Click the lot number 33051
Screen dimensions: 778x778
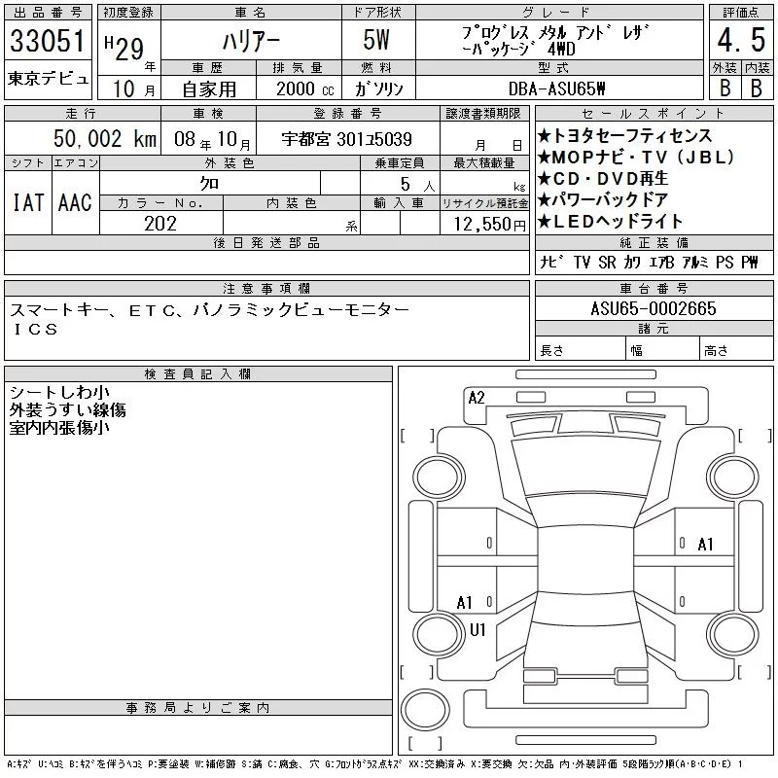click(x=47, y=41)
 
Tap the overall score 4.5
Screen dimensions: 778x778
click(x=741, y=40)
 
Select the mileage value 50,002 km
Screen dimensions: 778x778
click(x=105, y=138)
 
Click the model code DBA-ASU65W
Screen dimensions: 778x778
click(x=556, y=88)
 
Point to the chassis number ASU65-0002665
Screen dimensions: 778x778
click(x=654, y=308)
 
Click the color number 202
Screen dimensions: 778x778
click(x=160, y=224)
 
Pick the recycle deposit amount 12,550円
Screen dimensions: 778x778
click(x=490, y=225)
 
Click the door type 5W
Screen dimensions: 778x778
click(x=376, y=40)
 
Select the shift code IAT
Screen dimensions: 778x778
click(x=28, y=202)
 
